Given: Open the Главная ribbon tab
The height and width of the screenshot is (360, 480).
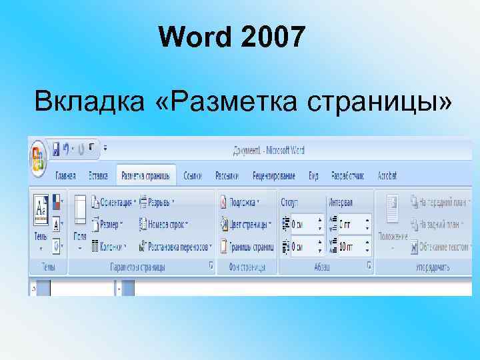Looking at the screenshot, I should tap(65, 176).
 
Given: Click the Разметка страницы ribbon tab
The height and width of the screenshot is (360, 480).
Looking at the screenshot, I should tap(145, 176).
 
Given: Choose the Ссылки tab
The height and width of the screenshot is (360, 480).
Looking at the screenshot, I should tap(193, 176).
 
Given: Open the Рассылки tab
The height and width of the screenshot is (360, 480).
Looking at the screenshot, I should tap(227, 176).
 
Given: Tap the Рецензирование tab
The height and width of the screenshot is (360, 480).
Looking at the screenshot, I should tap(273, 176).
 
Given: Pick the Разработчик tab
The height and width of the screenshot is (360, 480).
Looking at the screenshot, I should tap(347, 176).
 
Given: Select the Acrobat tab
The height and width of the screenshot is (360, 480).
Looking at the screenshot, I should tap(387, 176).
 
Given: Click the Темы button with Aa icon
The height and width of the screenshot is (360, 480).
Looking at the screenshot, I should tap(41, 220).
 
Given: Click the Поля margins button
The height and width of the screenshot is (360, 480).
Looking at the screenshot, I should tap(80, 220).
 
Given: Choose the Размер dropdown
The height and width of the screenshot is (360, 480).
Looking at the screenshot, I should tap(109, 224).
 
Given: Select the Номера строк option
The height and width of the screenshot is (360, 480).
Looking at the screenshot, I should tap(163, 224).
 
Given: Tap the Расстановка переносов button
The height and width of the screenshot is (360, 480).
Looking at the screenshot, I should tap(175, 246).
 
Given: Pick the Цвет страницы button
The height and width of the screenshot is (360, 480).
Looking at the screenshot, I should tap(245, 224).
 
